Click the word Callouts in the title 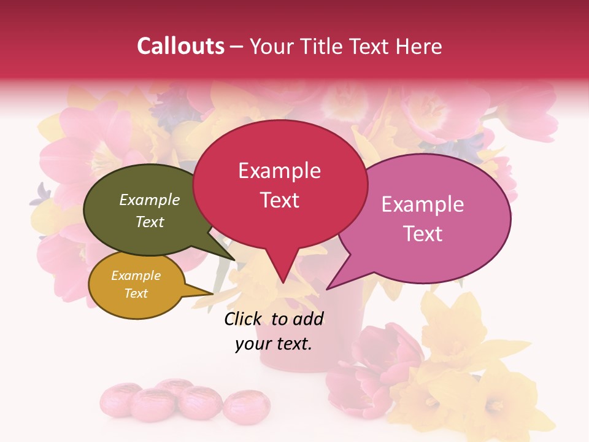coord(180,46)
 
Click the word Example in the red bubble coord(279,171)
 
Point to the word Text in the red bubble coord(279,200)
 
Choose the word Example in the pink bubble coord(423,204)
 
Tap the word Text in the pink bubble coord(423,234)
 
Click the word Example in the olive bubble coord(150,200)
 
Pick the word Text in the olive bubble coord(150,222)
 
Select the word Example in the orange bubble coord(136,276)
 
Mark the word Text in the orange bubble coord(136,293)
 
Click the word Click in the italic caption coord(244,319)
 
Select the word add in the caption coord(308,319)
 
